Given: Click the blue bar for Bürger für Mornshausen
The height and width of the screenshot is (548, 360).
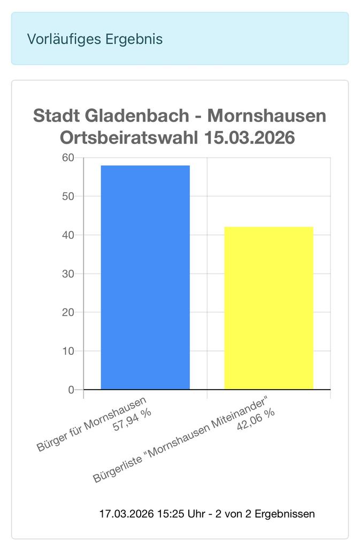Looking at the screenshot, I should tap(145, 277).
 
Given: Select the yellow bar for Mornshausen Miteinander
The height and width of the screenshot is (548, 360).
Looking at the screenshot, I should tap(269, 308).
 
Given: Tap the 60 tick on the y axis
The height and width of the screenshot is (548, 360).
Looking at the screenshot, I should tap(68, 158).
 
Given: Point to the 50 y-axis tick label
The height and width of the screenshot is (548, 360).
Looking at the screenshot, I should tap(68, 196).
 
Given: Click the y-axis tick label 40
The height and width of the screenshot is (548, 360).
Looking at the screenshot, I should tap(68, 235).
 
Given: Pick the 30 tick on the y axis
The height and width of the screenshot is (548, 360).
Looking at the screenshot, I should tap(68, 274).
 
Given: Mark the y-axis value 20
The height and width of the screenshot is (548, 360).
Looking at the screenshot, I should tap(68, 313).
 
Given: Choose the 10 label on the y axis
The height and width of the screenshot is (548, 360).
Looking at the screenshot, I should tap(68, 351).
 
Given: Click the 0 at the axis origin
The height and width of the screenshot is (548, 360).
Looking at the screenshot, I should tap(71, 390).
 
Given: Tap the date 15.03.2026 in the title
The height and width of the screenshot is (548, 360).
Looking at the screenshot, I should tap(250, 138).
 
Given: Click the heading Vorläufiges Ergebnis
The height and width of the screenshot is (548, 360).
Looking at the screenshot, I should tap(95, 39).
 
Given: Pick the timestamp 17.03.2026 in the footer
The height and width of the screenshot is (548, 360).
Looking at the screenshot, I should tap(126, 514).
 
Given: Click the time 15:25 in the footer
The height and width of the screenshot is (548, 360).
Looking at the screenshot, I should tap(169, 514).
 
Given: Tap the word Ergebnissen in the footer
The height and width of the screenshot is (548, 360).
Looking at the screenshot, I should tap(285, 514).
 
